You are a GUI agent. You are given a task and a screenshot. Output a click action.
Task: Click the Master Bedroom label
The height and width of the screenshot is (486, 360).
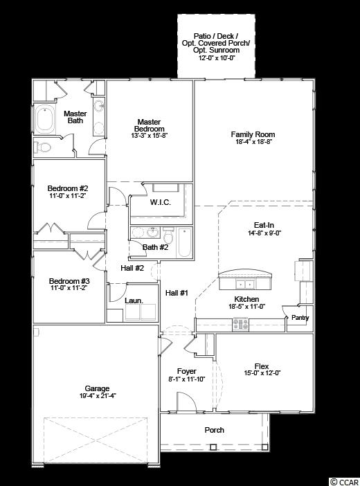pyautogui.click(x=149, y=125)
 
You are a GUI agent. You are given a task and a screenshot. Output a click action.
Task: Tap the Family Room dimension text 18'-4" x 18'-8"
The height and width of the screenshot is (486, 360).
pyautogui.click(x=253, y=142)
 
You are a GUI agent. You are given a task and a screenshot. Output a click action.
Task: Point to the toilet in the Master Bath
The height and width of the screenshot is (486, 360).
pyautogui.click(x=42, y=147)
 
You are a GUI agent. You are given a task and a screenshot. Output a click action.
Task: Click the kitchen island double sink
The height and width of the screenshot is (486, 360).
pyautogui.click(x=245, y=284)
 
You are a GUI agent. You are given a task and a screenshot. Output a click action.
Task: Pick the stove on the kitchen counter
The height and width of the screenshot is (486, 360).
pyautogui.click(x=241, y=323)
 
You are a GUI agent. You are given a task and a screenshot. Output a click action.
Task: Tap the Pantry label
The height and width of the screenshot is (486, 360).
pyautogui.click(x=300, y=318)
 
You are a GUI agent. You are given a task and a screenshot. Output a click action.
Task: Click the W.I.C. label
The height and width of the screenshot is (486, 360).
pyautogui.click(x=161, y=202)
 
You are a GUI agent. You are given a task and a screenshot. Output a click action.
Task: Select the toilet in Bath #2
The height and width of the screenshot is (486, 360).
pyautogui.click(x=168, y=236)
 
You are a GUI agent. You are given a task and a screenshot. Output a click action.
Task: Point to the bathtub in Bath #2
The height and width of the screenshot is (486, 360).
pyautogui.click(x=185, y=243)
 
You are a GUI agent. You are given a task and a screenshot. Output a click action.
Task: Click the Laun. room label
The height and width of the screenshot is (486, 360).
pyautogui.click(x=134, y=300)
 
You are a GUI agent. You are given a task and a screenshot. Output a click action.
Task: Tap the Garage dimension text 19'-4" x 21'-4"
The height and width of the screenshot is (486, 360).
pyautogui.click(x=98, y=395)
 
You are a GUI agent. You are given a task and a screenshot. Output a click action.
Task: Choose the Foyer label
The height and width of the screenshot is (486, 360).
pyautogui.click(x=187, y=371)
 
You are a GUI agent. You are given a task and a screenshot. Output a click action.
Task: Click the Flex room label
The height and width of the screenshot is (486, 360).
pyautogui.click(x=262, y=366)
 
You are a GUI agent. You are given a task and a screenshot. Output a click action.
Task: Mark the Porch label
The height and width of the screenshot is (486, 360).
pyautogui.click(x=214, y=430)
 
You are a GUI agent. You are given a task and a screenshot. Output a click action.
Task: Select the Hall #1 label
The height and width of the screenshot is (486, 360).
pyautogui.click(x=177, y=293)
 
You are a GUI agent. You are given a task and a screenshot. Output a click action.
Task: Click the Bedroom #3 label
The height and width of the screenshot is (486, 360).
pyautogui.click(x=69, y=281)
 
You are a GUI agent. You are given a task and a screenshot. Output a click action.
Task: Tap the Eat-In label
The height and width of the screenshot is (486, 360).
pyautogui.click(x=264, y=225)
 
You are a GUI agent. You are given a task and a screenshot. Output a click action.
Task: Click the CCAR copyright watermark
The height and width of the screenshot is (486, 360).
pyautogui.click(x=344, y=482)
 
